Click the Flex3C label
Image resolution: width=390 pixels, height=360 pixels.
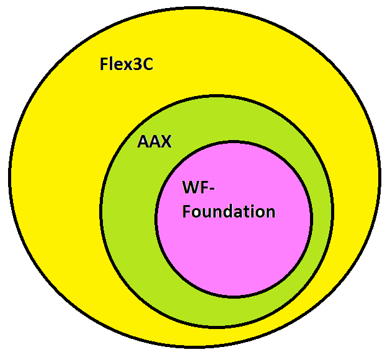pyautogui.click(x=126, y=64)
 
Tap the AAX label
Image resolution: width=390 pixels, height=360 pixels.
pyautogui.click(x=154, y=142)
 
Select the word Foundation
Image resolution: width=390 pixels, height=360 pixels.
pyautogui.click(x=228, y=211)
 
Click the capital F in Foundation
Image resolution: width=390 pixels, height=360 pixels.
pyautogui.click(x=187, y=211)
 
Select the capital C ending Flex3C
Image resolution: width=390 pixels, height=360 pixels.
pyautogui.click(x=147, y=64)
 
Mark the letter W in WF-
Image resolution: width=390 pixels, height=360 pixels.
pyautogui.click(x=191, y=187)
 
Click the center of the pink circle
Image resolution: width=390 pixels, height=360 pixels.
pyautogui.click(x=234, y=219)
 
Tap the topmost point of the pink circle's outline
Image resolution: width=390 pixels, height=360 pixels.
pyautogui.click(x=234, y=141)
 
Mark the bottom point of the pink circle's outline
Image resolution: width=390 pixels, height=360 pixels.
pyautogui.click(x=234, y=297)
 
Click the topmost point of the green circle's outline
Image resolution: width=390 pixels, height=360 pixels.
pyautogui.click(x=217, y=96)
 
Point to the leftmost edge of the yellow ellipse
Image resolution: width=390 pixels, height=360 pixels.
pyautogui.click(x=9, y=178)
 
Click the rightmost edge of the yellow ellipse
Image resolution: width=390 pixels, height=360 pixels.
pyautogui.click(x=379, y=178)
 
